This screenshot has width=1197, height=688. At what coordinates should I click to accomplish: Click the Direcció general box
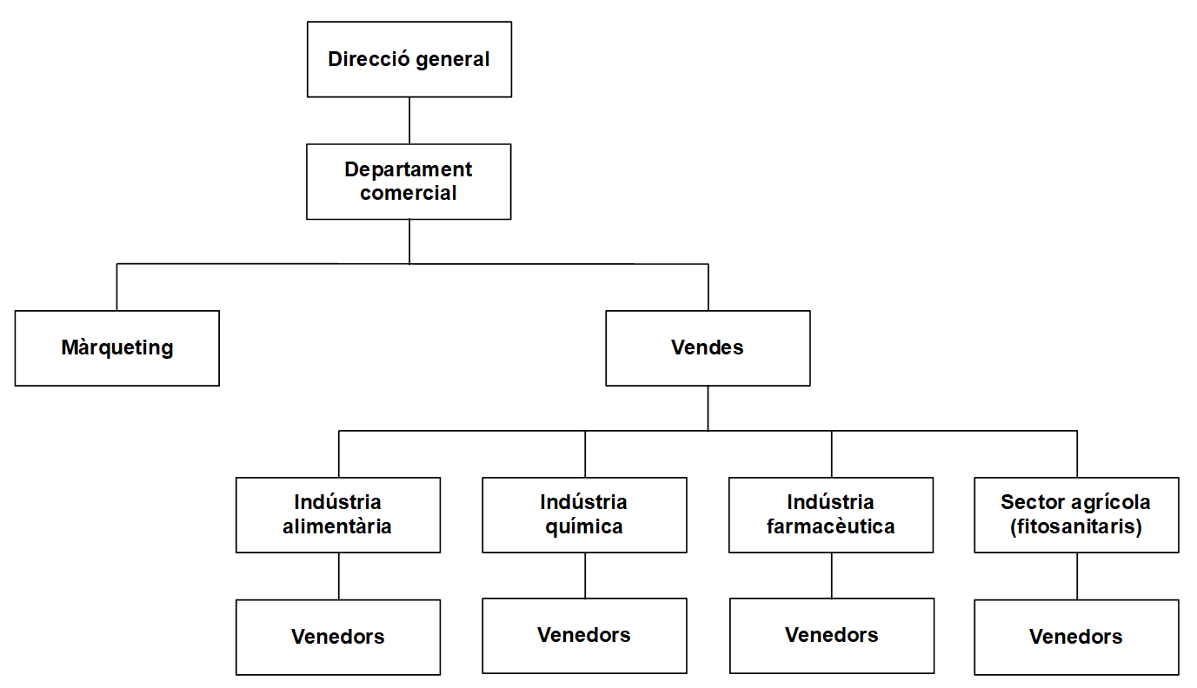pos(409,59)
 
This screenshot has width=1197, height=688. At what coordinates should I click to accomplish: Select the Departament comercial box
pos(409,181)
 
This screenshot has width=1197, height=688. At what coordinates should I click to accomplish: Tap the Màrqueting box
pos(117,347)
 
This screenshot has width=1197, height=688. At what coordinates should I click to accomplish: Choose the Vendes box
pos(708,347)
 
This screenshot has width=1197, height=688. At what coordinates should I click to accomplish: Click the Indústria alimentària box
pos(338,514)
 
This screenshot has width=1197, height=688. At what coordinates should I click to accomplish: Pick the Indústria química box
pos(584,514)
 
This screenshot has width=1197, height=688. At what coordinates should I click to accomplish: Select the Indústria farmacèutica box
pos(831,514)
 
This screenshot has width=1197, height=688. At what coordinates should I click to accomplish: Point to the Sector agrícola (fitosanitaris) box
pos(1076,514)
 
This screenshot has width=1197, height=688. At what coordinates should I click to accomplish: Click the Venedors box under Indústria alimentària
pos(338,637)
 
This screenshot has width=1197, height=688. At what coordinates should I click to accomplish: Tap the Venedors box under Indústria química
pos(584,635)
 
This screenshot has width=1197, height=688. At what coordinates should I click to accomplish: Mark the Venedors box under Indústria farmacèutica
pos(832,635)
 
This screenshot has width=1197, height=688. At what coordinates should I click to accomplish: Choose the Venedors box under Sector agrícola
pos(1076,637)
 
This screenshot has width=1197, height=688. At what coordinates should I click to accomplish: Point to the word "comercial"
pos(409,193)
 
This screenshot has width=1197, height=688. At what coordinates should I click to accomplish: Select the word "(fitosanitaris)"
pos(1076,526)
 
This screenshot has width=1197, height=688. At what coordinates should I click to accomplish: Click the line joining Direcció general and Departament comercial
pos(409,120)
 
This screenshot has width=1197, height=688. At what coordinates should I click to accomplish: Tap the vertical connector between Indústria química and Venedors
pos(585,575)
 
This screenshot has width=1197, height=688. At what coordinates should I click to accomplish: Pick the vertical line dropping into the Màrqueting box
pos(117,287)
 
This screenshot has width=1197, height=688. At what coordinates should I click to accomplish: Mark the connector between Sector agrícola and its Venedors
pos(1077,575)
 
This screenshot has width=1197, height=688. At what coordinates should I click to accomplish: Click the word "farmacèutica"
pos(831,526)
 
